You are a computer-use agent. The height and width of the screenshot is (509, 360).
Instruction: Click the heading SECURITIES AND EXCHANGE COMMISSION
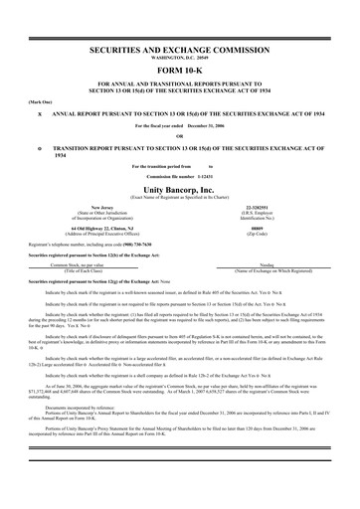click(180, 48)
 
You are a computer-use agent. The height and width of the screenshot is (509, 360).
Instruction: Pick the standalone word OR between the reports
click(180, 136)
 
